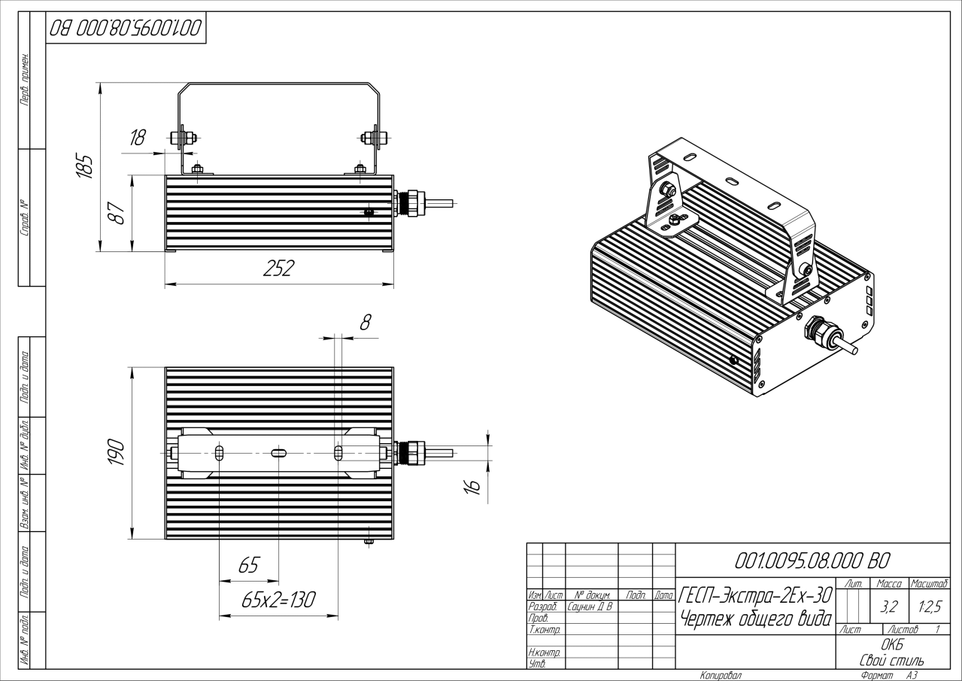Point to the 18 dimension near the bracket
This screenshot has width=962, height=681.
coord(138,138)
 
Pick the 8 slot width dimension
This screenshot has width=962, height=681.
coord(366,322)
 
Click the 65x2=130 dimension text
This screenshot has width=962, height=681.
coord(278,600)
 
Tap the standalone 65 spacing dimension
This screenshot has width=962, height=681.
coord(248,565)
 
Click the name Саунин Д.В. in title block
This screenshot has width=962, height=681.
coord(590,606)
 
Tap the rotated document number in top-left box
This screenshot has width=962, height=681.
coord(125,30)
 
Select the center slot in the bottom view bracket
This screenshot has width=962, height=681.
coord(278,452)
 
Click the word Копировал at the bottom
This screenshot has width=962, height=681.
coord(721,676)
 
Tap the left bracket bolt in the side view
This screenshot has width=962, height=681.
coord(183,138)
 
